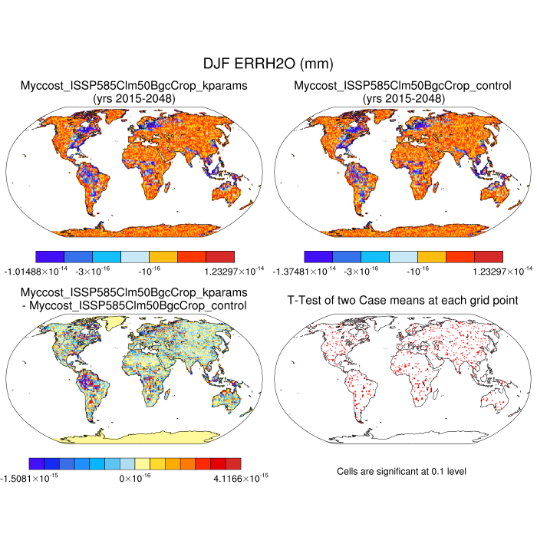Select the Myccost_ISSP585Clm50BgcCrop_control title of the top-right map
(x=403, y=86)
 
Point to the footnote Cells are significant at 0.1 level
(x=402, y=471)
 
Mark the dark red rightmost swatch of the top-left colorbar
(x=219, y=256)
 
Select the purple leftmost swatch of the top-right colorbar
(x=318, y=256)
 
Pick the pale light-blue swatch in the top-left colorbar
(x=134, y=256)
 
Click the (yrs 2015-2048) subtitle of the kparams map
(x=134, y=99)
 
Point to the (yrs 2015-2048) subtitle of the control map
(x=403, y=99)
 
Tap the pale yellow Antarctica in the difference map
(x=134, y=437)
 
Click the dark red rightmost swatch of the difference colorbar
(x=233, y=463)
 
